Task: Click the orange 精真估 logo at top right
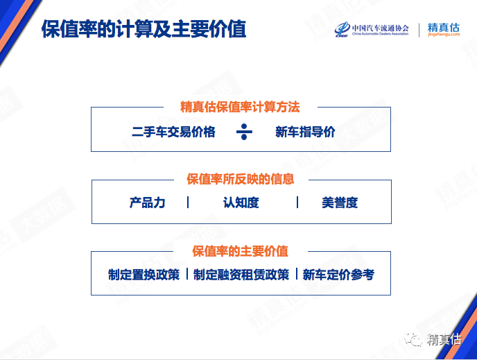click(x=444, y=26)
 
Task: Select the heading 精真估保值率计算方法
click(x=240, y=108)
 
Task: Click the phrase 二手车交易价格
click(x=173, y=132)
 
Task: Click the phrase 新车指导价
click(x=305, y=132)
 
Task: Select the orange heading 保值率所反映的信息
click(x=241, y=179)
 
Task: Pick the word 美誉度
click(x=340, y=203)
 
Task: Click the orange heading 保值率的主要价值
click(x=241, y=251)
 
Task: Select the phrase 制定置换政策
click(x=144, y=275)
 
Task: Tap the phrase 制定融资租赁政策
click(x=241, y=275)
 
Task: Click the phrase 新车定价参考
click(x=338, y=275)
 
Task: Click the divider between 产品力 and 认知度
click(x=188, y=203)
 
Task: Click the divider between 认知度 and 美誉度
click(x=297, y=203)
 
